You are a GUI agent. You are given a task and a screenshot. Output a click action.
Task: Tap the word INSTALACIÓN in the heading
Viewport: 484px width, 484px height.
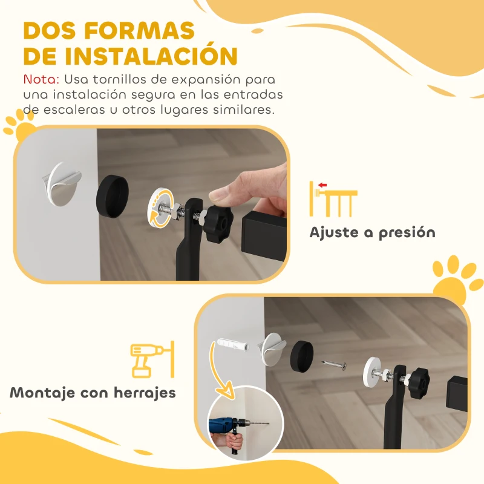151,55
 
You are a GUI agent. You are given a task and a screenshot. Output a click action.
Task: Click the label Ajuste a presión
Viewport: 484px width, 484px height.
372,232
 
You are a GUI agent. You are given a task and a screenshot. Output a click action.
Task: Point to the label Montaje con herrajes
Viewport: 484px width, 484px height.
93,393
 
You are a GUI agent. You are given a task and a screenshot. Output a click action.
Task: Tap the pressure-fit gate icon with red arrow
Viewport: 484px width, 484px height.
332,198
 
